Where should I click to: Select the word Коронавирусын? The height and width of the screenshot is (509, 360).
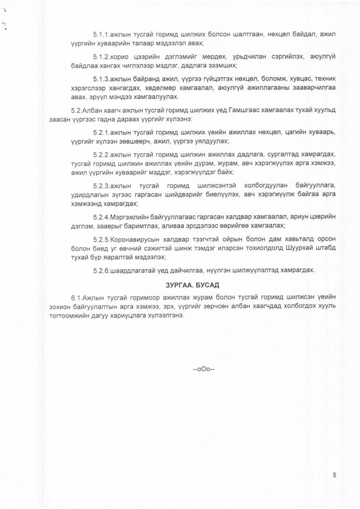134,239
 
